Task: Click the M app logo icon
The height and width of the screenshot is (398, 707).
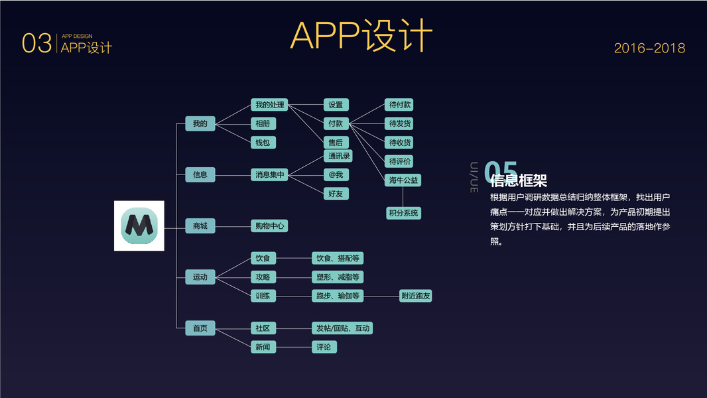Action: pyautogui.click(x=139, y=226)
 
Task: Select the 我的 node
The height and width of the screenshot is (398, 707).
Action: pyautogui.click(x=200, y=123)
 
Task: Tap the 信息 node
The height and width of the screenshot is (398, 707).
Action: pyautogui.click(x=200, y=175)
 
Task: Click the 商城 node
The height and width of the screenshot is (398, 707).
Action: pyautogui.click(x=200, y=226)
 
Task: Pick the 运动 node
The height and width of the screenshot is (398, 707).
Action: pyautogui.click(x=200, y=277)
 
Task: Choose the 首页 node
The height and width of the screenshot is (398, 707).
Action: pyautogui.click(x=200, y=328)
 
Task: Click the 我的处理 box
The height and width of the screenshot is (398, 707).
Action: pyautogui.click(x=269, y=105)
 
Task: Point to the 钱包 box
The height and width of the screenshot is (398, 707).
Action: pyautogui.click(x=263, y=143)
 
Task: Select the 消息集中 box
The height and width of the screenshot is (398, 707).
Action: pyautogui.click(x=269, y=175)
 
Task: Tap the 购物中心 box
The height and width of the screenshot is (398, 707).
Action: pyautogui.click(x=269, y=226)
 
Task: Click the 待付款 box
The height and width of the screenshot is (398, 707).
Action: pyautogui.click(x=401, y=105)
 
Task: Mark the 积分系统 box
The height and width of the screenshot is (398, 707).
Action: pyautogui.click(x=403, y=213)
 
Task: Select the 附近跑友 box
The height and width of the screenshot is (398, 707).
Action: pyautogui.click(x=416, y=296)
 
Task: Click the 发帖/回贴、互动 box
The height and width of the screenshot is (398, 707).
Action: pyautogui.click(x=343, y=328)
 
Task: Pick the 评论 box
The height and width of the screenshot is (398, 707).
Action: pyautogui.click(x=324, y=347)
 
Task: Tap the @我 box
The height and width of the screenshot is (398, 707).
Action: pyautogui.click(x=336, y=175)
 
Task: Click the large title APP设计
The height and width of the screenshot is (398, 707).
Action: pyautogui.click(x=361, y=36)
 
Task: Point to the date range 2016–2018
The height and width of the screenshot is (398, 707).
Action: pyautogui.click(x=649, y=48)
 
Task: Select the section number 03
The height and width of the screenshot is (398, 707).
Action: pyautogui.click(x=36, y=44)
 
